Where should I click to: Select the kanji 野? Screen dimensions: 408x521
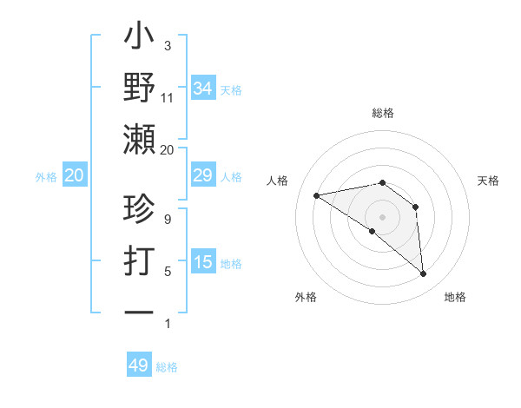tap(140, 89)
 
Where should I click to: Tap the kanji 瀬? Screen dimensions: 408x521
tap(140, 138)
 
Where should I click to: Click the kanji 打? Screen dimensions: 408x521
tap(140, 262)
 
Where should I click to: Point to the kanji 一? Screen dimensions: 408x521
tap(140, 311)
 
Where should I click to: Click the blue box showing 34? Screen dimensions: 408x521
tap(202, 89)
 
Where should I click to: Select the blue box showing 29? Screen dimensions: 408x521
tap(202, 176)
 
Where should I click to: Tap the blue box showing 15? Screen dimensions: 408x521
tap(202, 263)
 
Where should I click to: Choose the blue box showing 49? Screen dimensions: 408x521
tap(139, 365)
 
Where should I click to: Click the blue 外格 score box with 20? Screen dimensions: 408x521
tap(74, 176)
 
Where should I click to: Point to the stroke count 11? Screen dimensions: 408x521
tap(168, 99)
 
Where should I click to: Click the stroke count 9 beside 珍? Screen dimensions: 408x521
tap(168, 220)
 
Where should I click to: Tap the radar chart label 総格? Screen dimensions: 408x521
tap(383, 113)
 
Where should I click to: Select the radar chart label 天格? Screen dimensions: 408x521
tap(489, 181)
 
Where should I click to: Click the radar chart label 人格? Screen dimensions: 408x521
tap(277, 181)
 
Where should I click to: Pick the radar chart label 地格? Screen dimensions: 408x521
tap(455, 298)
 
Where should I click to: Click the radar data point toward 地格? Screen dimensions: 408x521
tap(424, 274)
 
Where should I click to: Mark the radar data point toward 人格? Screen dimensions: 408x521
tap(317, 195)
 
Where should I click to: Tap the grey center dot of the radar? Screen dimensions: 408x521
tap(382, 216)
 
